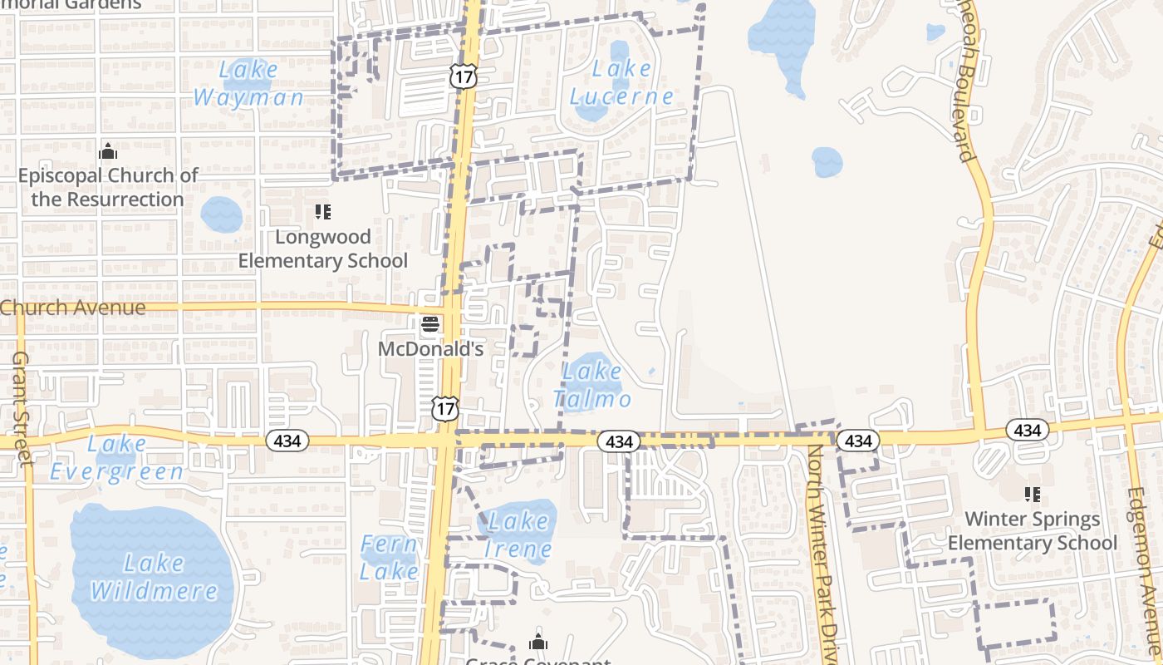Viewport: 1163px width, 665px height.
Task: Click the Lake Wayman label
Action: (248, 83)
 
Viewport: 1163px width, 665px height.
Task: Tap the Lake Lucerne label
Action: (621, 82)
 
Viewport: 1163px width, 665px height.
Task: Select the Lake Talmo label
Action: (592, 384)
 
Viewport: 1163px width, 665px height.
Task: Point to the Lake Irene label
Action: (518, 535)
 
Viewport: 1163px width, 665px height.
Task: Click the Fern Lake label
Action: (389, 558)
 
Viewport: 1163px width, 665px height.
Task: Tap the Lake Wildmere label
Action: (154, 577)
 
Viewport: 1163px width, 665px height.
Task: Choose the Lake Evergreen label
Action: (117, 458)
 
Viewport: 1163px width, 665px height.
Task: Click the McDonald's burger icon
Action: (429, 324)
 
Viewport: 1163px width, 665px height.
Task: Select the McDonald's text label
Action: (430, 348)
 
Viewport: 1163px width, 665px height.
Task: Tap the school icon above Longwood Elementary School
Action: (323, 212)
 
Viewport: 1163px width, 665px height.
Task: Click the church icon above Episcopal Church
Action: (108, 151)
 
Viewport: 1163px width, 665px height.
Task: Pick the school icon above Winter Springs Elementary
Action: (1033, 495)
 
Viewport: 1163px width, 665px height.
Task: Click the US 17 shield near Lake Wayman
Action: (463, 76)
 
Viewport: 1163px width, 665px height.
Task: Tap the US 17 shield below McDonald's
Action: (445, 408)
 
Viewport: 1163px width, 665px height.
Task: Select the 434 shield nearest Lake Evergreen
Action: (287, 441)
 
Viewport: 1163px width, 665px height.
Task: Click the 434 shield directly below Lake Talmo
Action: (619, 441)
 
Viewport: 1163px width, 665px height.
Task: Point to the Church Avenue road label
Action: (73, 308)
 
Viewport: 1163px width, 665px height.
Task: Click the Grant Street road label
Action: (21, 407)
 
